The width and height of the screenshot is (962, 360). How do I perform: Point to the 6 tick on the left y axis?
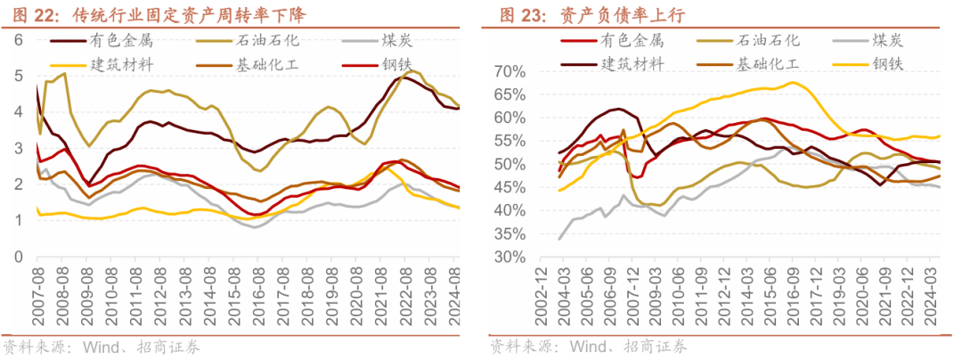click(18, 39)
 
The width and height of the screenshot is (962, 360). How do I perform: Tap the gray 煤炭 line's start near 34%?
click(559, 238)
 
